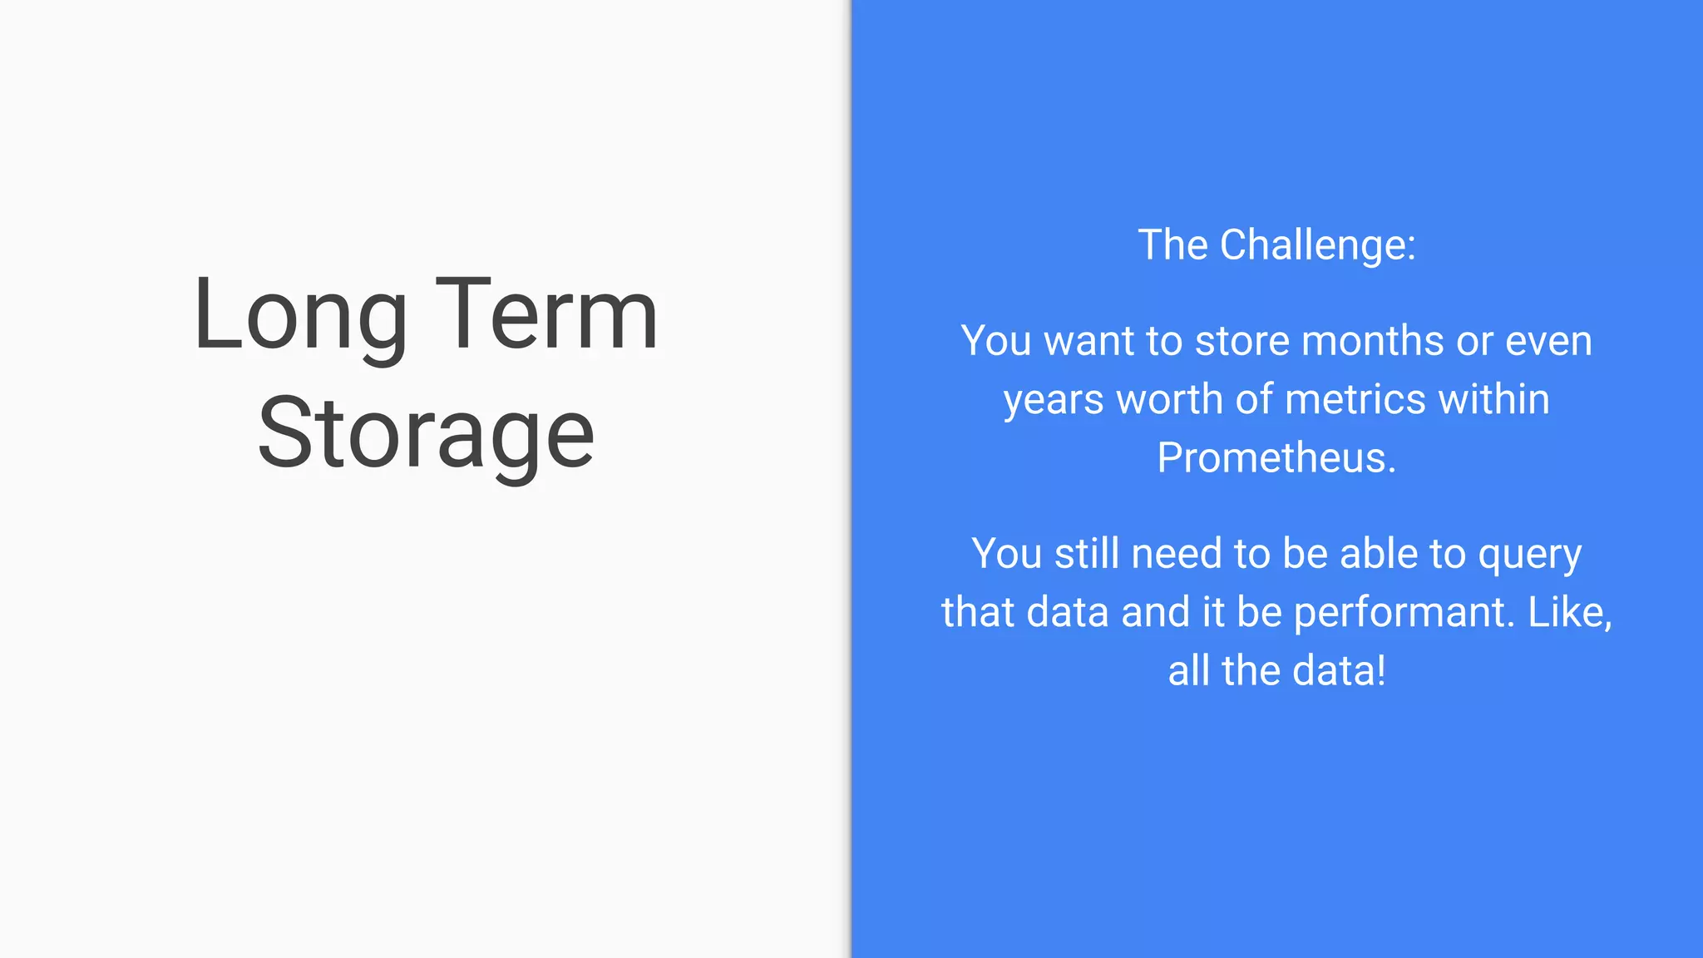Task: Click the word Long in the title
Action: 300,316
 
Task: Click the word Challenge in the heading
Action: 1317,245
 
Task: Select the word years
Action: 1054,400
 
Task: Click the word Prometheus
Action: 1276,458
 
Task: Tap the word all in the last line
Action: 1188,671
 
